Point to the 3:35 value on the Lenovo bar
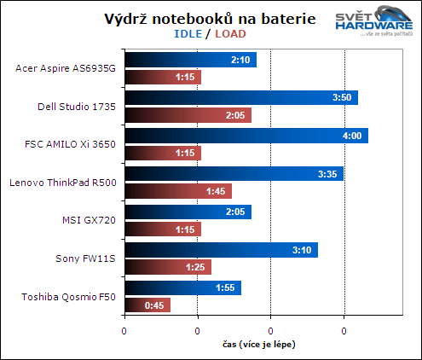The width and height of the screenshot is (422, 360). (327, 174)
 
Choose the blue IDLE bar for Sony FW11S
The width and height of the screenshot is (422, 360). (221, 251)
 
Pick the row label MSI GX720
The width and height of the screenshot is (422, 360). (90, 220)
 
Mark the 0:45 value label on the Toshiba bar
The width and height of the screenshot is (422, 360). (154, 305)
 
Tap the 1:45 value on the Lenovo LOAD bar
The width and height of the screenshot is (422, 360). (216, 190)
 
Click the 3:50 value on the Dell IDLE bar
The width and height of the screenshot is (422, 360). (341, 97)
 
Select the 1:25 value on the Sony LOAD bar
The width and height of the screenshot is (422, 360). (195, 267)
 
